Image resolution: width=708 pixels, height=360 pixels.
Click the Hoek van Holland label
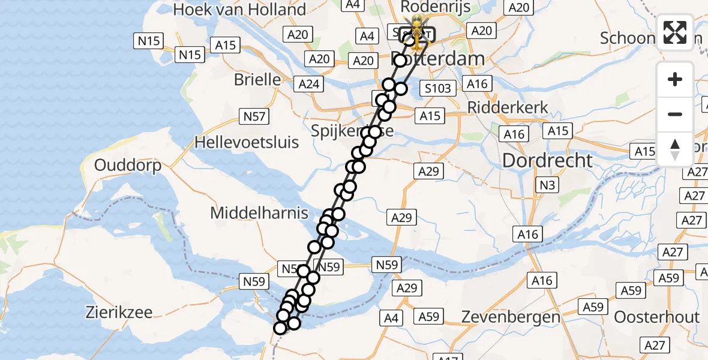[x=239, y=10]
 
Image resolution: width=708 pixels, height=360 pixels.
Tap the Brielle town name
[x=257, y=80]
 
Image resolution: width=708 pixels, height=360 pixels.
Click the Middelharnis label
[x=259, y=212]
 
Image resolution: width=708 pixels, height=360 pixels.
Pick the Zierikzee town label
[x=119, y=312]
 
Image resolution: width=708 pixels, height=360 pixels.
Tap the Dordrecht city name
[x=547, y=160]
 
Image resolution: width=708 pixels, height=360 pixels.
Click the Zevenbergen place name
[x=511, y=316]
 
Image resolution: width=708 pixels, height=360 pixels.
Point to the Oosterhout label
[x=657, y=317]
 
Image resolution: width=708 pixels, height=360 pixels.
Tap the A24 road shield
[x=309, y=85]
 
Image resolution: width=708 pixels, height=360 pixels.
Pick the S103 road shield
[x=438, y=89]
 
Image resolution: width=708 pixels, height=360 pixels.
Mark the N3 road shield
[x=546, y=186]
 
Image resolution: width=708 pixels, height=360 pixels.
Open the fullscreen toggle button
[x=675, y=32]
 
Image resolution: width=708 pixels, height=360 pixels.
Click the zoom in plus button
[x=675, y=79]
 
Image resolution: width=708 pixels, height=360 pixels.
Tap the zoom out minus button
[x=675, y=114]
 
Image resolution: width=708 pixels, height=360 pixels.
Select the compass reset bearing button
[x=675, y=149]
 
